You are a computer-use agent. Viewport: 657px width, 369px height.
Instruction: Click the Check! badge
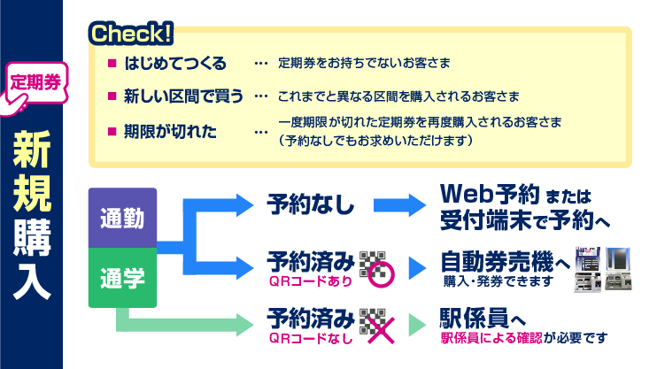pos(131,34)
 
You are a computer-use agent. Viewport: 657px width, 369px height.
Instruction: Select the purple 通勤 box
pos(122,219)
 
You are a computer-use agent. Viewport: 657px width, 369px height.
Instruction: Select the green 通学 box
pos(122,278)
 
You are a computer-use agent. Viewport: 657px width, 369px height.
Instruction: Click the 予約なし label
pos(311,204)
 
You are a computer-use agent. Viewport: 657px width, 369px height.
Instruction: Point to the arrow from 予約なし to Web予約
pos(399,205)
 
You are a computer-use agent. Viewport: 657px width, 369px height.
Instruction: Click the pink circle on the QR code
pos(382,275)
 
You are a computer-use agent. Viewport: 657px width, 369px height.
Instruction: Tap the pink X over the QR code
pos(382,330)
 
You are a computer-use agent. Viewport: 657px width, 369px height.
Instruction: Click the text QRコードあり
pos(311,281)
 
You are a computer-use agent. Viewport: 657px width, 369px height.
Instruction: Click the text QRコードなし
pos(311,338)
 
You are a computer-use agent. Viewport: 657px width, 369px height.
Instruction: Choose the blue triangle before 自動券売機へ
pos(417,268)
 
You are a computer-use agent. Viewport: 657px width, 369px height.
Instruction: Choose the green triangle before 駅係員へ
pos(417,325)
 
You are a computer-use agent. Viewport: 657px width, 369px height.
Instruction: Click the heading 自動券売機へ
pos(506,262)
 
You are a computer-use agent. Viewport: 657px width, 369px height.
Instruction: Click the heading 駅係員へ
pos(483,319)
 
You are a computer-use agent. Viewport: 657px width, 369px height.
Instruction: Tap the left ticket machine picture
pos(587,269)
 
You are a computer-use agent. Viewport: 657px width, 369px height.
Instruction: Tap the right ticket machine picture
pos(618,268)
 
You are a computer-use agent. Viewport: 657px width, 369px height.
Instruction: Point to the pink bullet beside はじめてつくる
pos(112,63)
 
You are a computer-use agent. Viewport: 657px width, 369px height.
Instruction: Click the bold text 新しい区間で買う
pos(183,96)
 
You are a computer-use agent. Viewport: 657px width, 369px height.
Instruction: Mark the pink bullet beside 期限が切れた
pos(112,132)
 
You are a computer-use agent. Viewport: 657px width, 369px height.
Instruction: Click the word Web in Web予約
pos(467,194)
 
